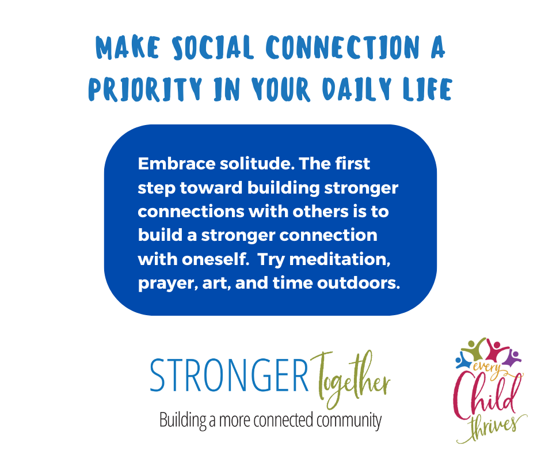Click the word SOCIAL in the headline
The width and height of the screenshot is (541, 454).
[x=213, y=47]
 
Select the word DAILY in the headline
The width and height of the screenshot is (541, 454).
[x=357, y=89]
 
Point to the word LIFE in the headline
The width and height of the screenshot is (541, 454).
[x=428, y=89]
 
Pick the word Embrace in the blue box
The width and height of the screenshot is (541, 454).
[x=177, y=164]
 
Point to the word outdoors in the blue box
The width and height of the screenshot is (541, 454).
[x=359, y=283]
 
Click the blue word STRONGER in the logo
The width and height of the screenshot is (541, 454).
[x=229, y=375]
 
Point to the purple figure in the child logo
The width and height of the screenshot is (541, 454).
[x=512, y=358]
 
